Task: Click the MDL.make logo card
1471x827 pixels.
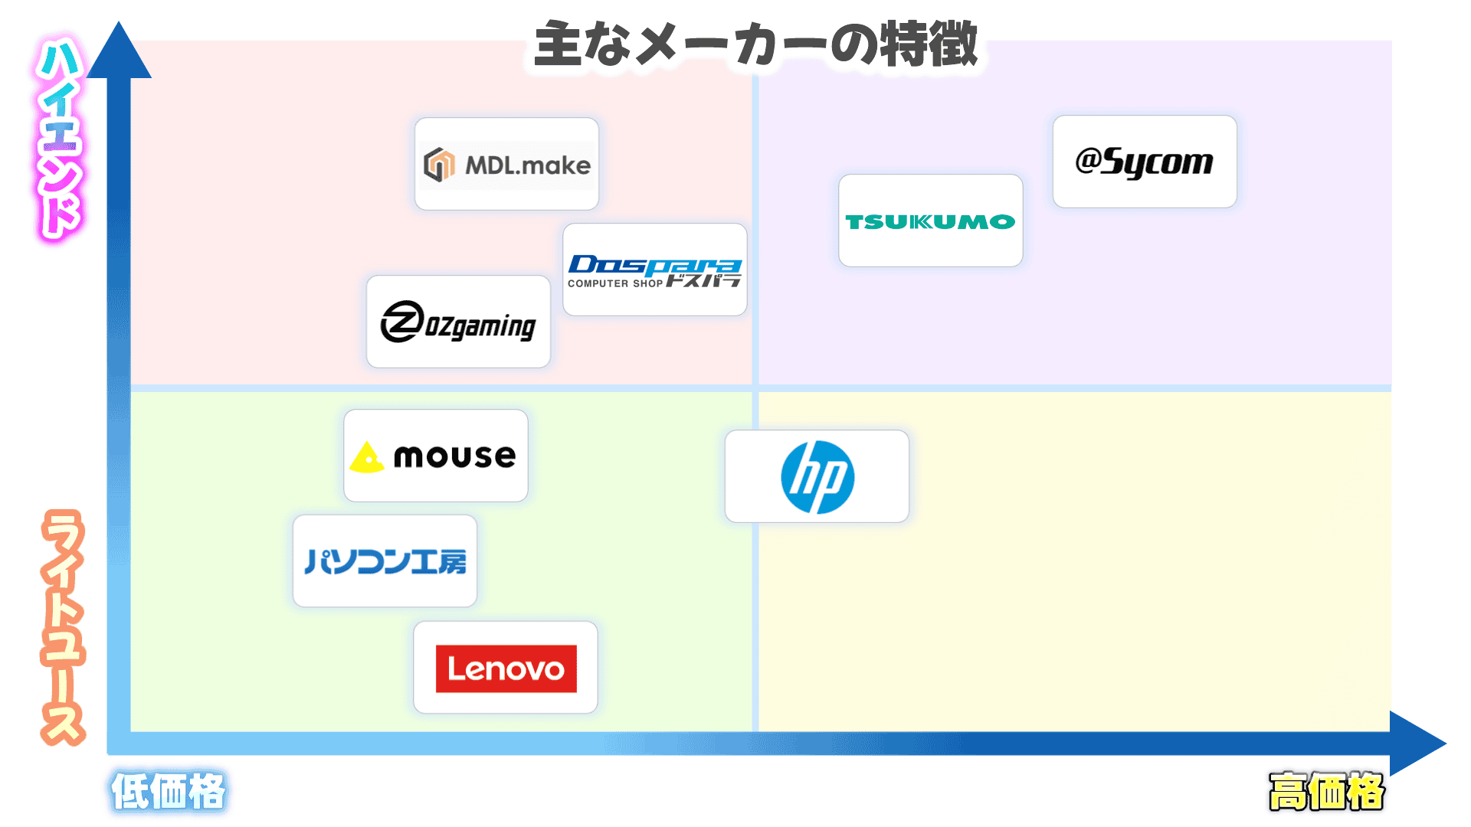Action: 506,164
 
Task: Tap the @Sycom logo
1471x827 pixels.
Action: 1145,162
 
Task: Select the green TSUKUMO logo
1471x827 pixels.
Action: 930,221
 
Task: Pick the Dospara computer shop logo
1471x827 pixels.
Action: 655,270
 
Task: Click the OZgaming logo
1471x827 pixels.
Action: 458,322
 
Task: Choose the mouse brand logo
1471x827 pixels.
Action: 436,456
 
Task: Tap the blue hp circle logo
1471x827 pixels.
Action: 817,476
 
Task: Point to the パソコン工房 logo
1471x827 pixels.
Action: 385,561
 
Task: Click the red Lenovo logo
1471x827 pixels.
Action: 506,668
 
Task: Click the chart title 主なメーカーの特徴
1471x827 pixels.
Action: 755,44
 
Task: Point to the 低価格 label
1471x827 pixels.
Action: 169,791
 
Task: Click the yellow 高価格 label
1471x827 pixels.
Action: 1326,791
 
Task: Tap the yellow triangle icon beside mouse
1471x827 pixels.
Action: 367,458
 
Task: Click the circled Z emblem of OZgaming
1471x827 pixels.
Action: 402,322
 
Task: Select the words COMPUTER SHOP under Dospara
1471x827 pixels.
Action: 614,283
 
